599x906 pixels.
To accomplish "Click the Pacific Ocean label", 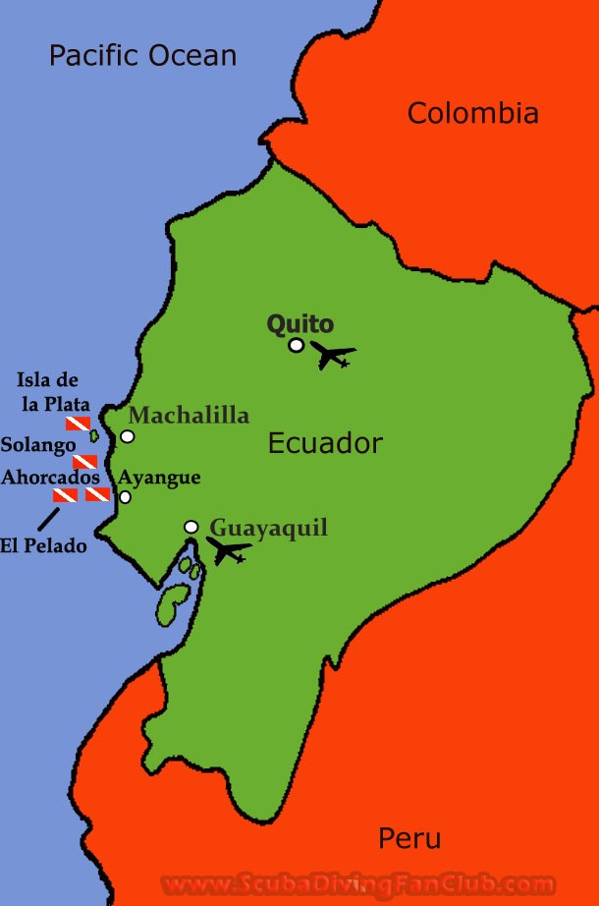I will pyautogui.click(x=142, y=55).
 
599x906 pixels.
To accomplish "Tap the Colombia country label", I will pyautogui.click(x=472, y=113).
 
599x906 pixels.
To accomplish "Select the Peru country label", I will pyautogui.click(x=408, y=838).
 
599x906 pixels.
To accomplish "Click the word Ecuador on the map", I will pyautogui.click(x=324, y=443).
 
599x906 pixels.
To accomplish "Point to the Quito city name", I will pyautogui.click(x=300, y=324).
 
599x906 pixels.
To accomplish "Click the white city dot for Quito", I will pyautogui.click(x=296, y=345).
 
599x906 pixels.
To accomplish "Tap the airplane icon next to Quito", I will pyautogui.click(x=332, y=355).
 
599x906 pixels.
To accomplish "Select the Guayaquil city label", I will pyautogui.click(x=268, y=528).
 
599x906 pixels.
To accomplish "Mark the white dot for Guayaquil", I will pyautogui.click(x=191, y=527).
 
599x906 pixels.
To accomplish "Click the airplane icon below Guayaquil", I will pyautogui.click(x=228, y=551).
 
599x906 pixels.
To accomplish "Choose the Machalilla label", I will pyautogui.click(x=189, y=415).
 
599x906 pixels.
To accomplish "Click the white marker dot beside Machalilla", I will pyautogui.click(x=127, y=436).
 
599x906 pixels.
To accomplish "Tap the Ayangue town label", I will pyautogui.click(x=159, y=478).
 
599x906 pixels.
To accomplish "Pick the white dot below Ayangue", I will pyautogui.click(x=125, y=497).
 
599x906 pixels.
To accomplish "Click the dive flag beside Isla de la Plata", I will pyautogui.click(x=78, y=424).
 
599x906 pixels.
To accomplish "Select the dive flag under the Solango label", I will pyautogui.click(x=84, y=462).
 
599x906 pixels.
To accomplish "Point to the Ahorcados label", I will pyautogui.click(x=50, y=478).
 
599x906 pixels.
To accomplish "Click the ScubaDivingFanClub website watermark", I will pyautogui.click(x=357, y=884).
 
